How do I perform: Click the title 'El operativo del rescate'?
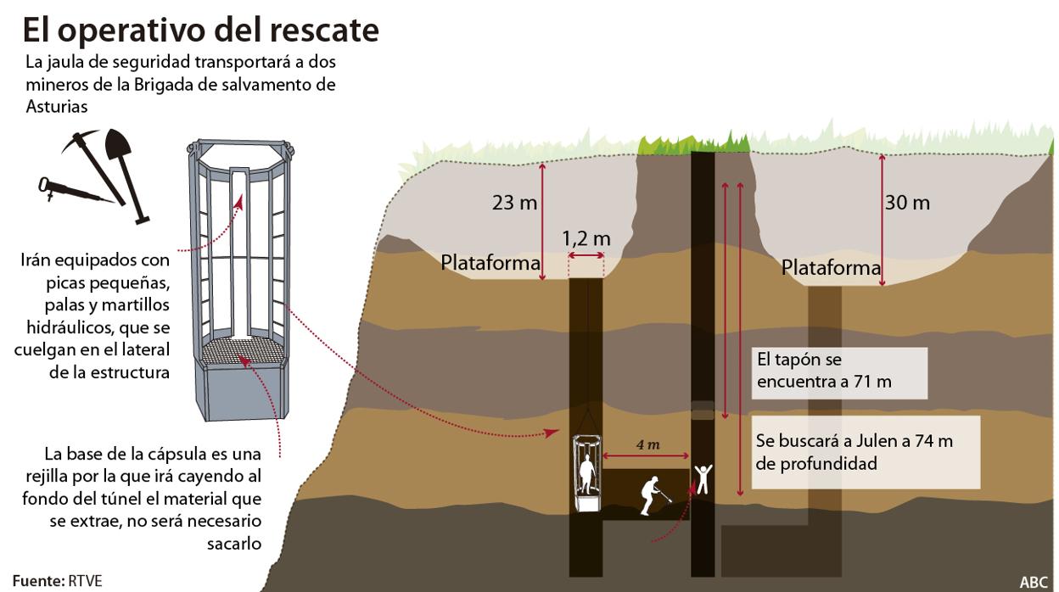click(200, 30)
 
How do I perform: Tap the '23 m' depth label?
click(515, 204)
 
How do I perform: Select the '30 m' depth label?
click(907, 203)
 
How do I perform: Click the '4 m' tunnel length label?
click(647, 445)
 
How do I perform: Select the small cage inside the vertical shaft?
click(586, 473)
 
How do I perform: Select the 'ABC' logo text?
click(1034, 582)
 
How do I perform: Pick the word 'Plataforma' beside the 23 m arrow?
click(490, 263)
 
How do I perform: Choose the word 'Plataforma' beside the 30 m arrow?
click(831, 269)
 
